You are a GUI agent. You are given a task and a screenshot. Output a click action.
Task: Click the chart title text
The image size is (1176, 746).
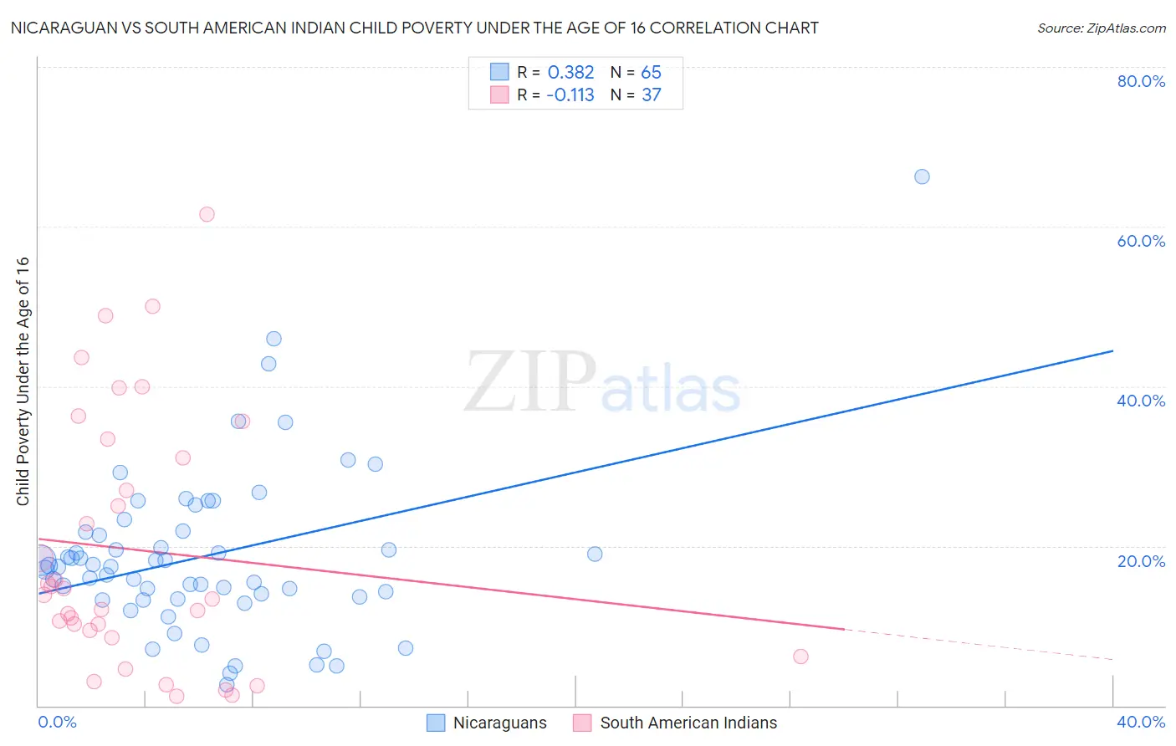(x=414, y=28)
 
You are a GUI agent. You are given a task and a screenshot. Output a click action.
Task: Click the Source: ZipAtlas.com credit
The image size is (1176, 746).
(x=1101, y=28)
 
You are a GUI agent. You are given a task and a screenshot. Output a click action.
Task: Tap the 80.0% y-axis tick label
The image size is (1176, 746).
(x=1141, y=81)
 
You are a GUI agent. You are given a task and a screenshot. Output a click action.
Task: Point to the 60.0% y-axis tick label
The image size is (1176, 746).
(x=1141, y=241)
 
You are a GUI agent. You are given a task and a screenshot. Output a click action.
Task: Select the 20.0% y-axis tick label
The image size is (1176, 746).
(x=1141, y=560)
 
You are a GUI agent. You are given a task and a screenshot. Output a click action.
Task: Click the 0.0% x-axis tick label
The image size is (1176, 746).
(x=57, y=722)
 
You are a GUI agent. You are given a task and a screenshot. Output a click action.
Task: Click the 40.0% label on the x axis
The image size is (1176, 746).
(x=1141, y=722)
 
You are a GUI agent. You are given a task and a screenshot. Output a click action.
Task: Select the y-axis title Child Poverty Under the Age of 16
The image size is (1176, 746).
(x=23, y=381)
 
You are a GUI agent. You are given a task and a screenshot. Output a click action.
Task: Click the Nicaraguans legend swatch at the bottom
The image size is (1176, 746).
(x=436, y=723)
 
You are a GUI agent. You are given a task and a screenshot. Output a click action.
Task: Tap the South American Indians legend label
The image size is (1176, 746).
(x=688, y=723)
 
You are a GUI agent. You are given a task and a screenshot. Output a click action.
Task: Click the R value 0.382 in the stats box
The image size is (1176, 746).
(x=570, y=73)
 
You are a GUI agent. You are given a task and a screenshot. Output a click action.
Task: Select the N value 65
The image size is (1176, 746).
(x=651, y=73)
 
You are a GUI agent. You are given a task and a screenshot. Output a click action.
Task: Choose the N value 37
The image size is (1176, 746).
(x=651, y=95)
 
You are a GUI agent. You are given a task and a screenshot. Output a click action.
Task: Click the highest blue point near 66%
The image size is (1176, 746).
(x=922, y=176)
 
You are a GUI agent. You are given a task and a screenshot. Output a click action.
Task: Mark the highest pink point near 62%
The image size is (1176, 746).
(x=207, y=214)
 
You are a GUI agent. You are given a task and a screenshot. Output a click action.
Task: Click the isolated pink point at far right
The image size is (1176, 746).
(x=800, y=657)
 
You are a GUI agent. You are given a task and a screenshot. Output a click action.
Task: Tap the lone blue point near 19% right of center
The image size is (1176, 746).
(x=595, y=554)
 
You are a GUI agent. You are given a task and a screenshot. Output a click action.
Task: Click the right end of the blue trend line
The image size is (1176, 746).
(x=1112, y=351)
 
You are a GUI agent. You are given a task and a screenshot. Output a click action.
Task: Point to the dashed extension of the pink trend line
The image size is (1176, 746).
(x=979, y=645)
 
